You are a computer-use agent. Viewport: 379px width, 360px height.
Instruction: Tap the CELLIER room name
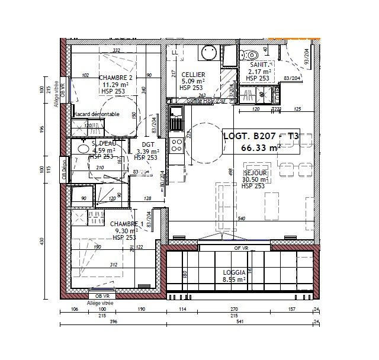point(193,74)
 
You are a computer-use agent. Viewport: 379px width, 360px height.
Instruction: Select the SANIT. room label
point(259,64)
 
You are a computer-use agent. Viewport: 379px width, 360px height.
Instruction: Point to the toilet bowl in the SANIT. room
point(247,54)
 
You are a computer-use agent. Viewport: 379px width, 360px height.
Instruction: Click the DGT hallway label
point(149,144)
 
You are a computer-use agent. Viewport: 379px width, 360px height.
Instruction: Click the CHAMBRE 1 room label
point(126,224)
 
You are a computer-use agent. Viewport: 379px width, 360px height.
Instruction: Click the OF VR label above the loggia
point(240,248)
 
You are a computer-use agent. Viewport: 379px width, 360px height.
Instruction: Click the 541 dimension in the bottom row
point(240,323)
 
